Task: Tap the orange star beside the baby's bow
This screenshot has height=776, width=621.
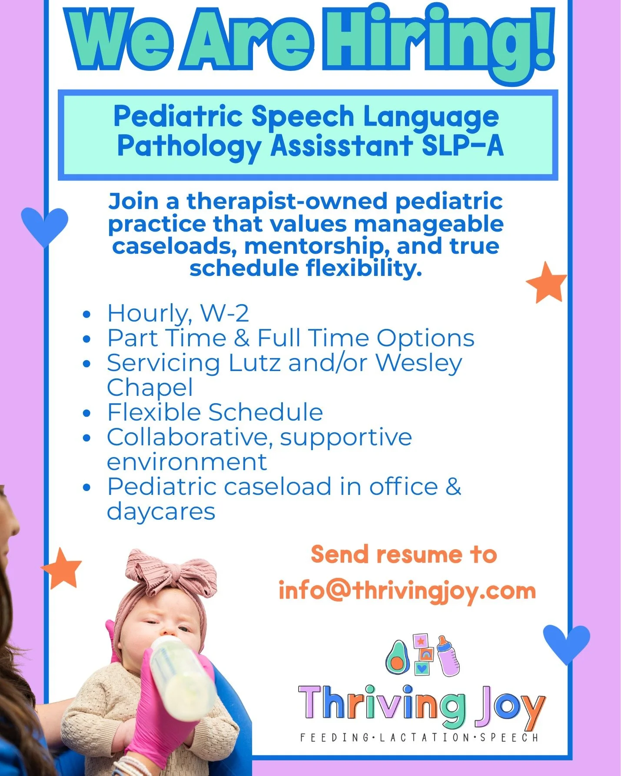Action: [x=62, y=568]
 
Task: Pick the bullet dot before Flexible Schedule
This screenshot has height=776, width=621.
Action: [x=87, y=413]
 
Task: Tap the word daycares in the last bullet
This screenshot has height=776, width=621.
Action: [x=161, y=511]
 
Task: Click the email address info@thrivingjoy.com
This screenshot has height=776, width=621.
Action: [x=407, y=591]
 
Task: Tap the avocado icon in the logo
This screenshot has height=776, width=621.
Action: [x=397, y=657]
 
